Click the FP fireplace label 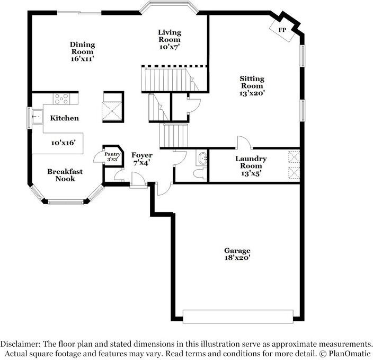(282, 30)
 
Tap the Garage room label (237, 254)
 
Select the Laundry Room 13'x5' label (251, 166)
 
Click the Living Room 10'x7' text (170, 40)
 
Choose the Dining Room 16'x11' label (83, 51)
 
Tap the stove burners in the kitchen (61, 99)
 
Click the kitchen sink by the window (38, 117)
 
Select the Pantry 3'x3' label (112, 157)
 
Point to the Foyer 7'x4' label (142, 159)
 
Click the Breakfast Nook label (65, 175)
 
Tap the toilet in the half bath (200, 173)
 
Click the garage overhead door (238, 317)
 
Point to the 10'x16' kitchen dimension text (63, 143)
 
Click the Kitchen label (65, 118)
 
